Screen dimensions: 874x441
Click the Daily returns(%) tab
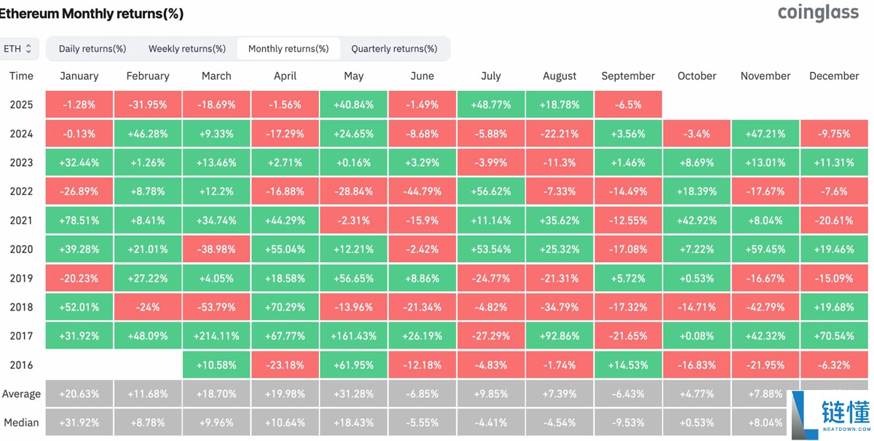(x=92, y=49)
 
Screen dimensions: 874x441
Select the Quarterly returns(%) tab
(x=394, y=49)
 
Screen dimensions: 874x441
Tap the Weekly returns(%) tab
(x=187, y=49)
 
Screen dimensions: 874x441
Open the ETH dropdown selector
(x=17, y=49)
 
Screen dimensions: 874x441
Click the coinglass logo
(x=818, y=13)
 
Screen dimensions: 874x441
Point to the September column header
(x=628, y=76)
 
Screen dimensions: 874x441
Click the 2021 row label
(x=21, y=220)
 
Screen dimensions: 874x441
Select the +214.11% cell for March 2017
(x=216, y=335)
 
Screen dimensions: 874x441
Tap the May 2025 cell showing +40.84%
(x=353, y=105)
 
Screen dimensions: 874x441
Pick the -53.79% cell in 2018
(x=216, y=307)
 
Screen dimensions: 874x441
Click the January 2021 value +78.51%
(x=79, y=220)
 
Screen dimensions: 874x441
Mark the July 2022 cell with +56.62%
(x=491, y=191)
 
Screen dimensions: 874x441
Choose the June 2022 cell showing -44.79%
(x=422, y=191)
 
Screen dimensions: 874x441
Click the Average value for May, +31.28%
(x=353, y=394)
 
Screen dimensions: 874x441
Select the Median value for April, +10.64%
(x=285, y=422)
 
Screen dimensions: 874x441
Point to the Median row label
(x=21, y=422)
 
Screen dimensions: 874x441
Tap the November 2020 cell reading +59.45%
(x=765, y=249)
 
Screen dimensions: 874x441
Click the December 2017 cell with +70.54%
(x=834, y=335)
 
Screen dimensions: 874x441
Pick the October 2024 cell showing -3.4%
(x=696, y=134)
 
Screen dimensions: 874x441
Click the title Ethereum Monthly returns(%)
(x=91, y=14)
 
